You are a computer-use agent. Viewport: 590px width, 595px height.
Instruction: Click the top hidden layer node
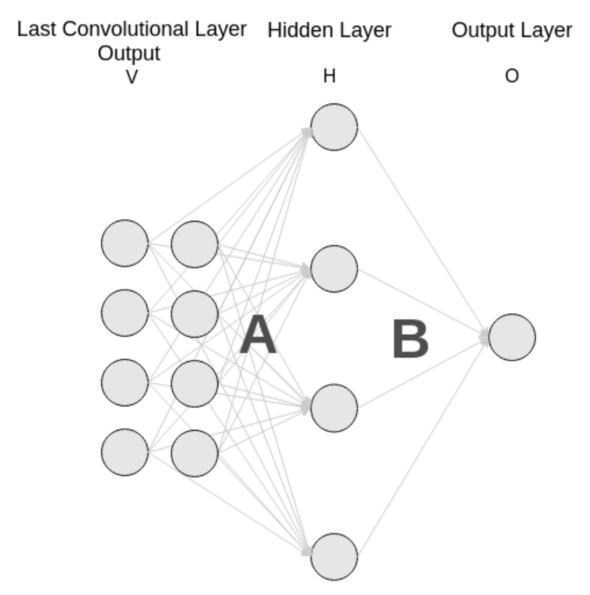point(334,127)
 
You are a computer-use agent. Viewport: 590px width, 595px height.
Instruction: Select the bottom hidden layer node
point(334,556)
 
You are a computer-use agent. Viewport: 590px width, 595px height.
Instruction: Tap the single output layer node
point(512,337)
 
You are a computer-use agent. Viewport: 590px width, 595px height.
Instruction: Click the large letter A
point(258,337)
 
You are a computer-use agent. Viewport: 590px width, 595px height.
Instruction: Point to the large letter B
point(410,340)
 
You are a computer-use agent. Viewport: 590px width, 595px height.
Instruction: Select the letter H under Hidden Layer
point(329,76)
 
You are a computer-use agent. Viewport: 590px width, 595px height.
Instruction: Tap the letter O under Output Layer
point(512,76)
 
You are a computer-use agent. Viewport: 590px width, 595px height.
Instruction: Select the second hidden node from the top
point(334,269)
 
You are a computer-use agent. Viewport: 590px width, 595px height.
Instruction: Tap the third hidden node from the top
point(334,407)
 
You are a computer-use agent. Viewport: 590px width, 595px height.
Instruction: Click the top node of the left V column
point(125,243)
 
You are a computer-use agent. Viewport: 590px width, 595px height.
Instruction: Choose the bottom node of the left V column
point(125,452)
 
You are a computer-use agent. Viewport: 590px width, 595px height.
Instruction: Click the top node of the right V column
point(194,245)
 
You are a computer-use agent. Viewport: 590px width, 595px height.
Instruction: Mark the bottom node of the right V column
point(194,454)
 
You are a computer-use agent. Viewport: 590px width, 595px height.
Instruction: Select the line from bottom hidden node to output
point(422,449)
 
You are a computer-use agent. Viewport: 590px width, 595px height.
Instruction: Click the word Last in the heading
point(35,30)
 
